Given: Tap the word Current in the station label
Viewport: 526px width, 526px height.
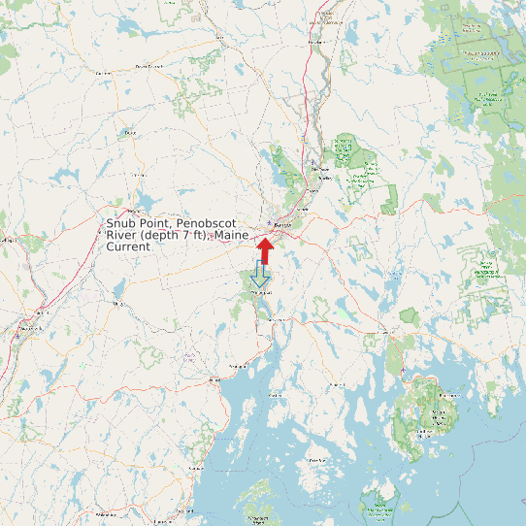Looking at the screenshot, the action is pos(128,247).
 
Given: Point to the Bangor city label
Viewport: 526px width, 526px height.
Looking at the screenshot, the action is pos(283,226).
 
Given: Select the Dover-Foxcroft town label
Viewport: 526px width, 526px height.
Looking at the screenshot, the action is pos(147,66).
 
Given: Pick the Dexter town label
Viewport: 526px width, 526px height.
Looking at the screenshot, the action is pos(102,73).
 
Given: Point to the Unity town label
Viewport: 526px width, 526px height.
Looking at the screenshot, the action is pos(119,304).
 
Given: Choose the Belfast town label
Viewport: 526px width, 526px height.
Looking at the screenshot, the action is pos(237,367).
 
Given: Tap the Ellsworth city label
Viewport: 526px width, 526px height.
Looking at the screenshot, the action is pos(386,333).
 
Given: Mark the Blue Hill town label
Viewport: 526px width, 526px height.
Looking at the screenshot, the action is pos(338,385).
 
